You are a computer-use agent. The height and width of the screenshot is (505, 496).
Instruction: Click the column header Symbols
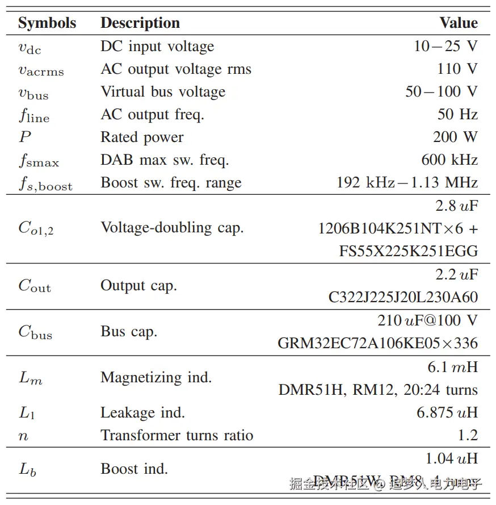[47, 23]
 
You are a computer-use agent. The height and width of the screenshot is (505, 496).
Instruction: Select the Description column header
[140, 23]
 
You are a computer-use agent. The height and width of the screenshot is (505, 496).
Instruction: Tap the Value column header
[459, 23]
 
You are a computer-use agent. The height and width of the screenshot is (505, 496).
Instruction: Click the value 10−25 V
[445, 46]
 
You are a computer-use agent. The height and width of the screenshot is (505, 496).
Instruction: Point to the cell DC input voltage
[157, 46]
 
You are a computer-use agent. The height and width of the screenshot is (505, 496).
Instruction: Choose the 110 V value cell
[457, 69]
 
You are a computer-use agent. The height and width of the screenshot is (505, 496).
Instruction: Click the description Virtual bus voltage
[163, 91]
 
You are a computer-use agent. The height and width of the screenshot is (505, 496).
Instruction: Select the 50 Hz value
[457, 114]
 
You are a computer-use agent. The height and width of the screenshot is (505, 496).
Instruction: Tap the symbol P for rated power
[24, 137]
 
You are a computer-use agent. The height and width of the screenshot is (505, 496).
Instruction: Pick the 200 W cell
[455, 137]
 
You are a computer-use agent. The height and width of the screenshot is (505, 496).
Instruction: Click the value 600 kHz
[449, 160]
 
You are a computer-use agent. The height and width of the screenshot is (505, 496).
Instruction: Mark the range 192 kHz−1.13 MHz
[407, 182]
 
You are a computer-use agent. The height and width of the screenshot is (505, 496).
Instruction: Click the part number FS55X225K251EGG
[409, 251]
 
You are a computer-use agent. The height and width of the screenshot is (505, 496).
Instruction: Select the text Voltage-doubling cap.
[172, 228]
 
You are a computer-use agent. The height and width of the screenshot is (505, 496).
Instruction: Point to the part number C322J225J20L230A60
[403, 297]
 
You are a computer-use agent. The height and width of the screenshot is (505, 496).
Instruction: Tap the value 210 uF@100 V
[427, 320]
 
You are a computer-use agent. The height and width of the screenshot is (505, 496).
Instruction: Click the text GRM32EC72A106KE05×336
[377, 343]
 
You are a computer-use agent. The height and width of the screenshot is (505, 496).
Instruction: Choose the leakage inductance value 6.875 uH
[447, 412]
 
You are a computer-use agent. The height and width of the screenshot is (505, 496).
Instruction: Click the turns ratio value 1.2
[467, 435]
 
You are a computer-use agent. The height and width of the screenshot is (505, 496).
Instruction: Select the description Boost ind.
[134, 469]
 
